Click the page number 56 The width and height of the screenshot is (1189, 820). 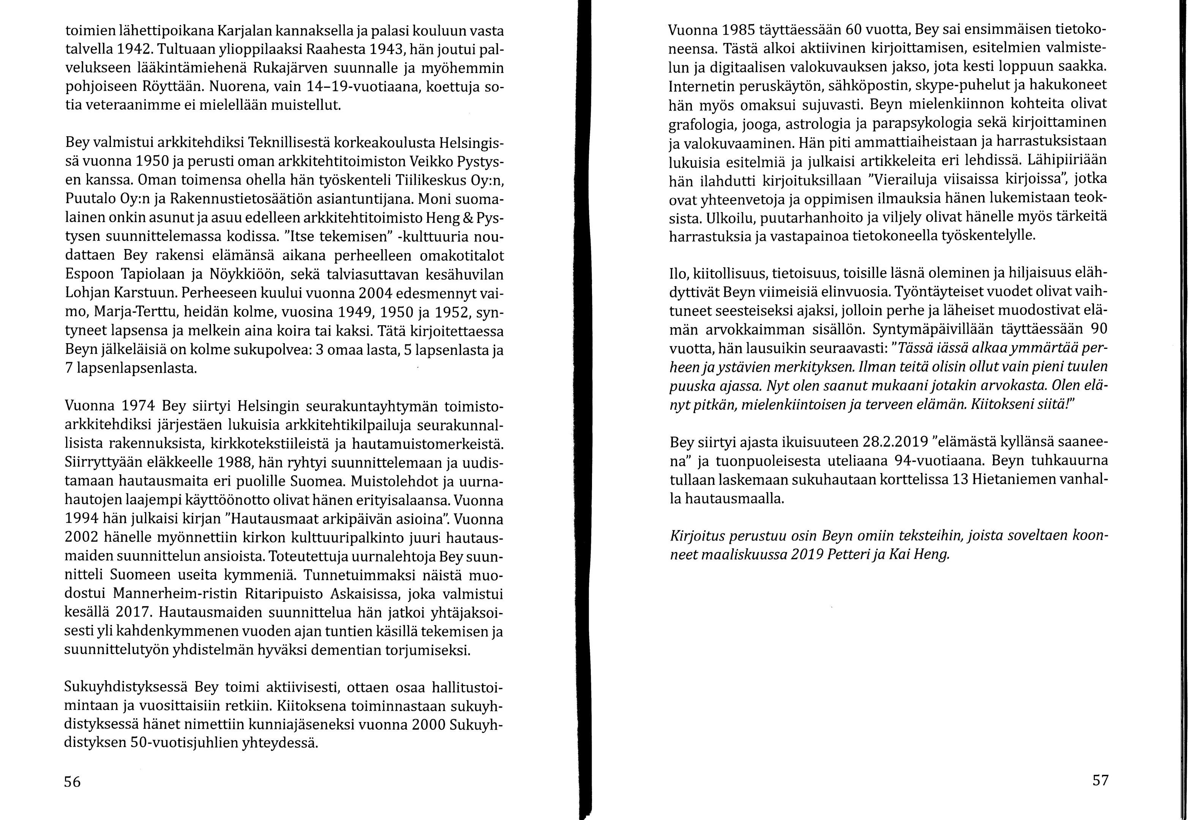pos(73,781)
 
